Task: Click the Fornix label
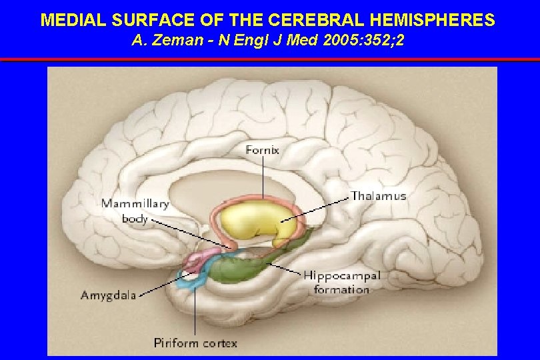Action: (263, 150)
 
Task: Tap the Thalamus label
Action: (378, 196)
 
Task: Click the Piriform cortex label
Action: (195, 343)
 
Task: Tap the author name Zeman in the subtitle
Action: (171, 41)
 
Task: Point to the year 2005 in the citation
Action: (324, 41)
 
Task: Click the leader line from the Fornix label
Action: (263, 177)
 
